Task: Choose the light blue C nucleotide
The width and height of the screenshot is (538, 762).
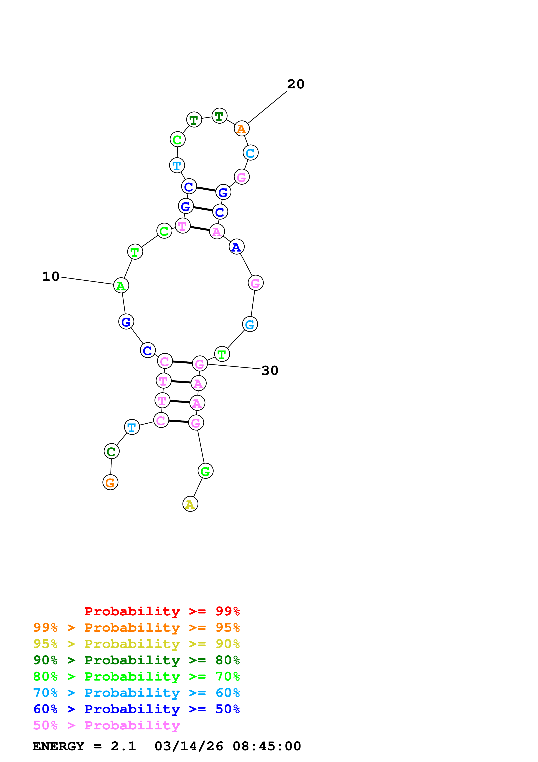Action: (x=251, y=153)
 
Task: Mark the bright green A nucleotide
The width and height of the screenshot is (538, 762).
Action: (x=121, y=285)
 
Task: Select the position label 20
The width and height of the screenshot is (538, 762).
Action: (x=296, y=84)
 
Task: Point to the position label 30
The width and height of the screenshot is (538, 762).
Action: (x=270, y=370)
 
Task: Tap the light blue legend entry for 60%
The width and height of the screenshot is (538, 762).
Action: (x=136, y=693)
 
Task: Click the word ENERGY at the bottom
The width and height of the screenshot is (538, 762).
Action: (x=58, y=746)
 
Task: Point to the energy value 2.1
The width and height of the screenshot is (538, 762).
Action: (x=123, y=746)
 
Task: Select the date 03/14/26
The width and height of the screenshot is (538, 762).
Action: (x=189, y=746)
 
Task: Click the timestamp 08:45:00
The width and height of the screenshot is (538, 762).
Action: (x=267, y=746)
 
